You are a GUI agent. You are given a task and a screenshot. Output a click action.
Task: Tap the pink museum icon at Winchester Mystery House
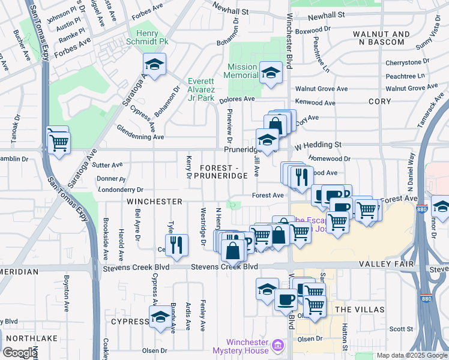pyautogui.click(x=277, y=346)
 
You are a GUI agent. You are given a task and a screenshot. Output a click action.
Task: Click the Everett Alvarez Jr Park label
pyautogui.click(x=200, y=89)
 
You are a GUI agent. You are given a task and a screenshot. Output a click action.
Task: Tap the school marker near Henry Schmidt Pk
pyautogui.click(x=155, y=64)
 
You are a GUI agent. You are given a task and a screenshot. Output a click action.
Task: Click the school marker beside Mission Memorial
pyautogui.click(x=271, y=73)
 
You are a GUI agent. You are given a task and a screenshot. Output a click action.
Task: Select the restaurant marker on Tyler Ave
pyautogui.click(x=176, y=244)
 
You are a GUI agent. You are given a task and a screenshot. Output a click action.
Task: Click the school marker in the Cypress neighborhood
pyautogui.click(x=160, y=317)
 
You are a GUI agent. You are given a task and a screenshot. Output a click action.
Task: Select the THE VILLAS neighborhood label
pyautogui.click(x=359, y=309)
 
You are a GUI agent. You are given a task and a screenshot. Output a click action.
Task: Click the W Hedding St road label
pyautogui.click(x=317, y=145)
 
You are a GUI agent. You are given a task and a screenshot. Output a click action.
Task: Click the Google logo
pyautogui.click(x=19, y=353)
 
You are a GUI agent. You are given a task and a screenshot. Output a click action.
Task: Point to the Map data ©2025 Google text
pyautogui.click(x=411, y=355)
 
